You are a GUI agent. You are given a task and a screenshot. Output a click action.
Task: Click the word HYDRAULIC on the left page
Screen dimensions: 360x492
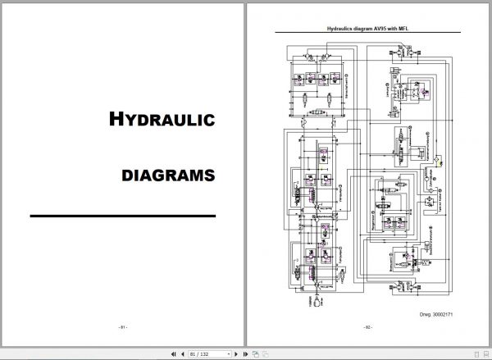tap(162, 120)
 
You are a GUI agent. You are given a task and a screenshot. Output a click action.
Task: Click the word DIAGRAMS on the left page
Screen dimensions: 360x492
tap(168, 175)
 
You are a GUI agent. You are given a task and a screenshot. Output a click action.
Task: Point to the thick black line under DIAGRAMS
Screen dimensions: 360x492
tap(122, 216)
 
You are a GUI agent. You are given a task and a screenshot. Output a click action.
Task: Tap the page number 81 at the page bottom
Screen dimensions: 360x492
tap(122, 328)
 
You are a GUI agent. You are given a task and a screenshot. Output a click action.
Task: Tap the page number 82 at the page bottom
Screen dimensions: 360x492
tap(368, 328)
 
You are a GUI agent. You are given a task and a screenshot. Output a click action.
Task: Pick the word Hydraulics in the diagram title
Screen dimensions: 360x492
tap(337, 27)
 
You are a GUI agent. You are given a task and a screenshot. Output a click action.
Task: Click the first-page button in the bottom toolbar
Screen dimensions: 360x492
tap(173, 353)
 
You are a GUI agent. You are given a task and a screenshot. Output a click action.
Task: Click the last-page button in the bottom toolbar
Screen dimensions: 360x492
tap(244, 353)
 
